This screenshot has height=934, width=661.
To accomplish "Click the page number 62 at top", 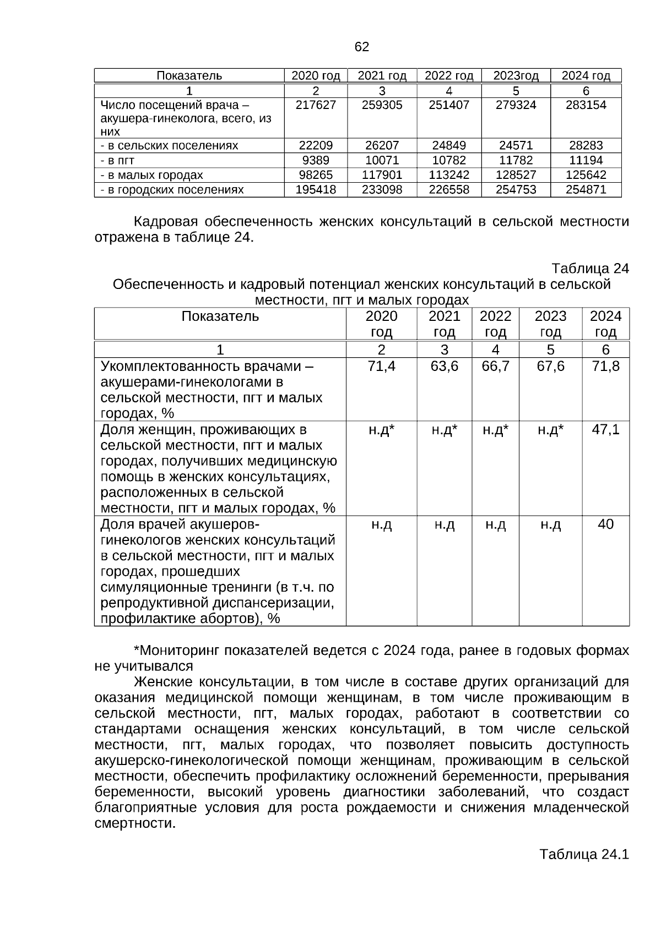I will pyautogui.click(x=362, y=47).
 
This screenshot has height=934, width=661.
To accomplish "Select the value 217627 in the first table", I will pyautogui.click(x=316, y=105).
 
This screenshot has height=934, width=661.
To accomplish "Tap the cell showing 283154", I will pyautogui.click(x=586, y=105).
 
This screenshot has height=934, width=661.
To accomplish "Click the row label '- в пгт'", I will pyautogui.click(x=117, y=161).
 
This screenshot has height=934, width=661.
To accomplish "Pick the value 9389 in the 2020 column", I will pyautogui.click(x=316, y=160).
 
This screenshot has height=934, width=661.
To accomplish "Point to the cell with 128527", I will pyautogui.click(x=516, y=175).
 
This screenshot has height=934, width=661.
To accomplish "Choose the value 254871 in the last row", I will pyautogui.click(x=586, y=190).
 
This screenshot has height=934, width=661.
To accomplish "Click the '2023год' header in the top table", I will pyautogui.click(x=516, y=76).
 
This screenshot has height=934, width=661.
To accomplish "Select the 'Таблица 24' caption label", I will pyautogui.click(x=590, y=269).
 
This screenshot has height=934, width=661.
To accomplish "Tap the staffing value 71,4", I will pyautogui.click(x=381, y=366).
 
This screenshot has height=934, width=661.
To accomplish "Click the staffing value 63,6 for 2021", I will pyautogui.click(x=444, y=366).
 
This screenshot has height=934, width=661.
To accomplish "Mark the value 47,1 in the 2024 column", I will pyautogui.click(x=605, y=429).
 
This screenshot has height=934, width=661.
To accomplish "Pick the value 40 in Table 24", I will pyautogui.click(x=605, y=524).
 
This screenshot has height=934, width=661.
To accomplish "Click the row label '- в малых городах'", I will pyautogui.click(x=151, y=175).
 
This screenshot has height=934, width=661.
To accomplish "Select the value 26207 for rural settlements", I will pyautogui.click(x=382, y=146).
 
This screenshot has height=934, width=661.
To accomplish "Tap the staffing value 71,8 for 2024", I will pyautogui.click(x=605, y=366).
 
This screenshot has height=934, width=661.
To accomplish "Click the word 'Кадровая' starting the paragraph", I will pyautogui.click(x=166, y=222).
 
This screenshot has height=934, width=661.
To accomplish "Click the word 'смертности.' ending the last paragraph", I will pyautogui.click(x=135, y=823).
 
